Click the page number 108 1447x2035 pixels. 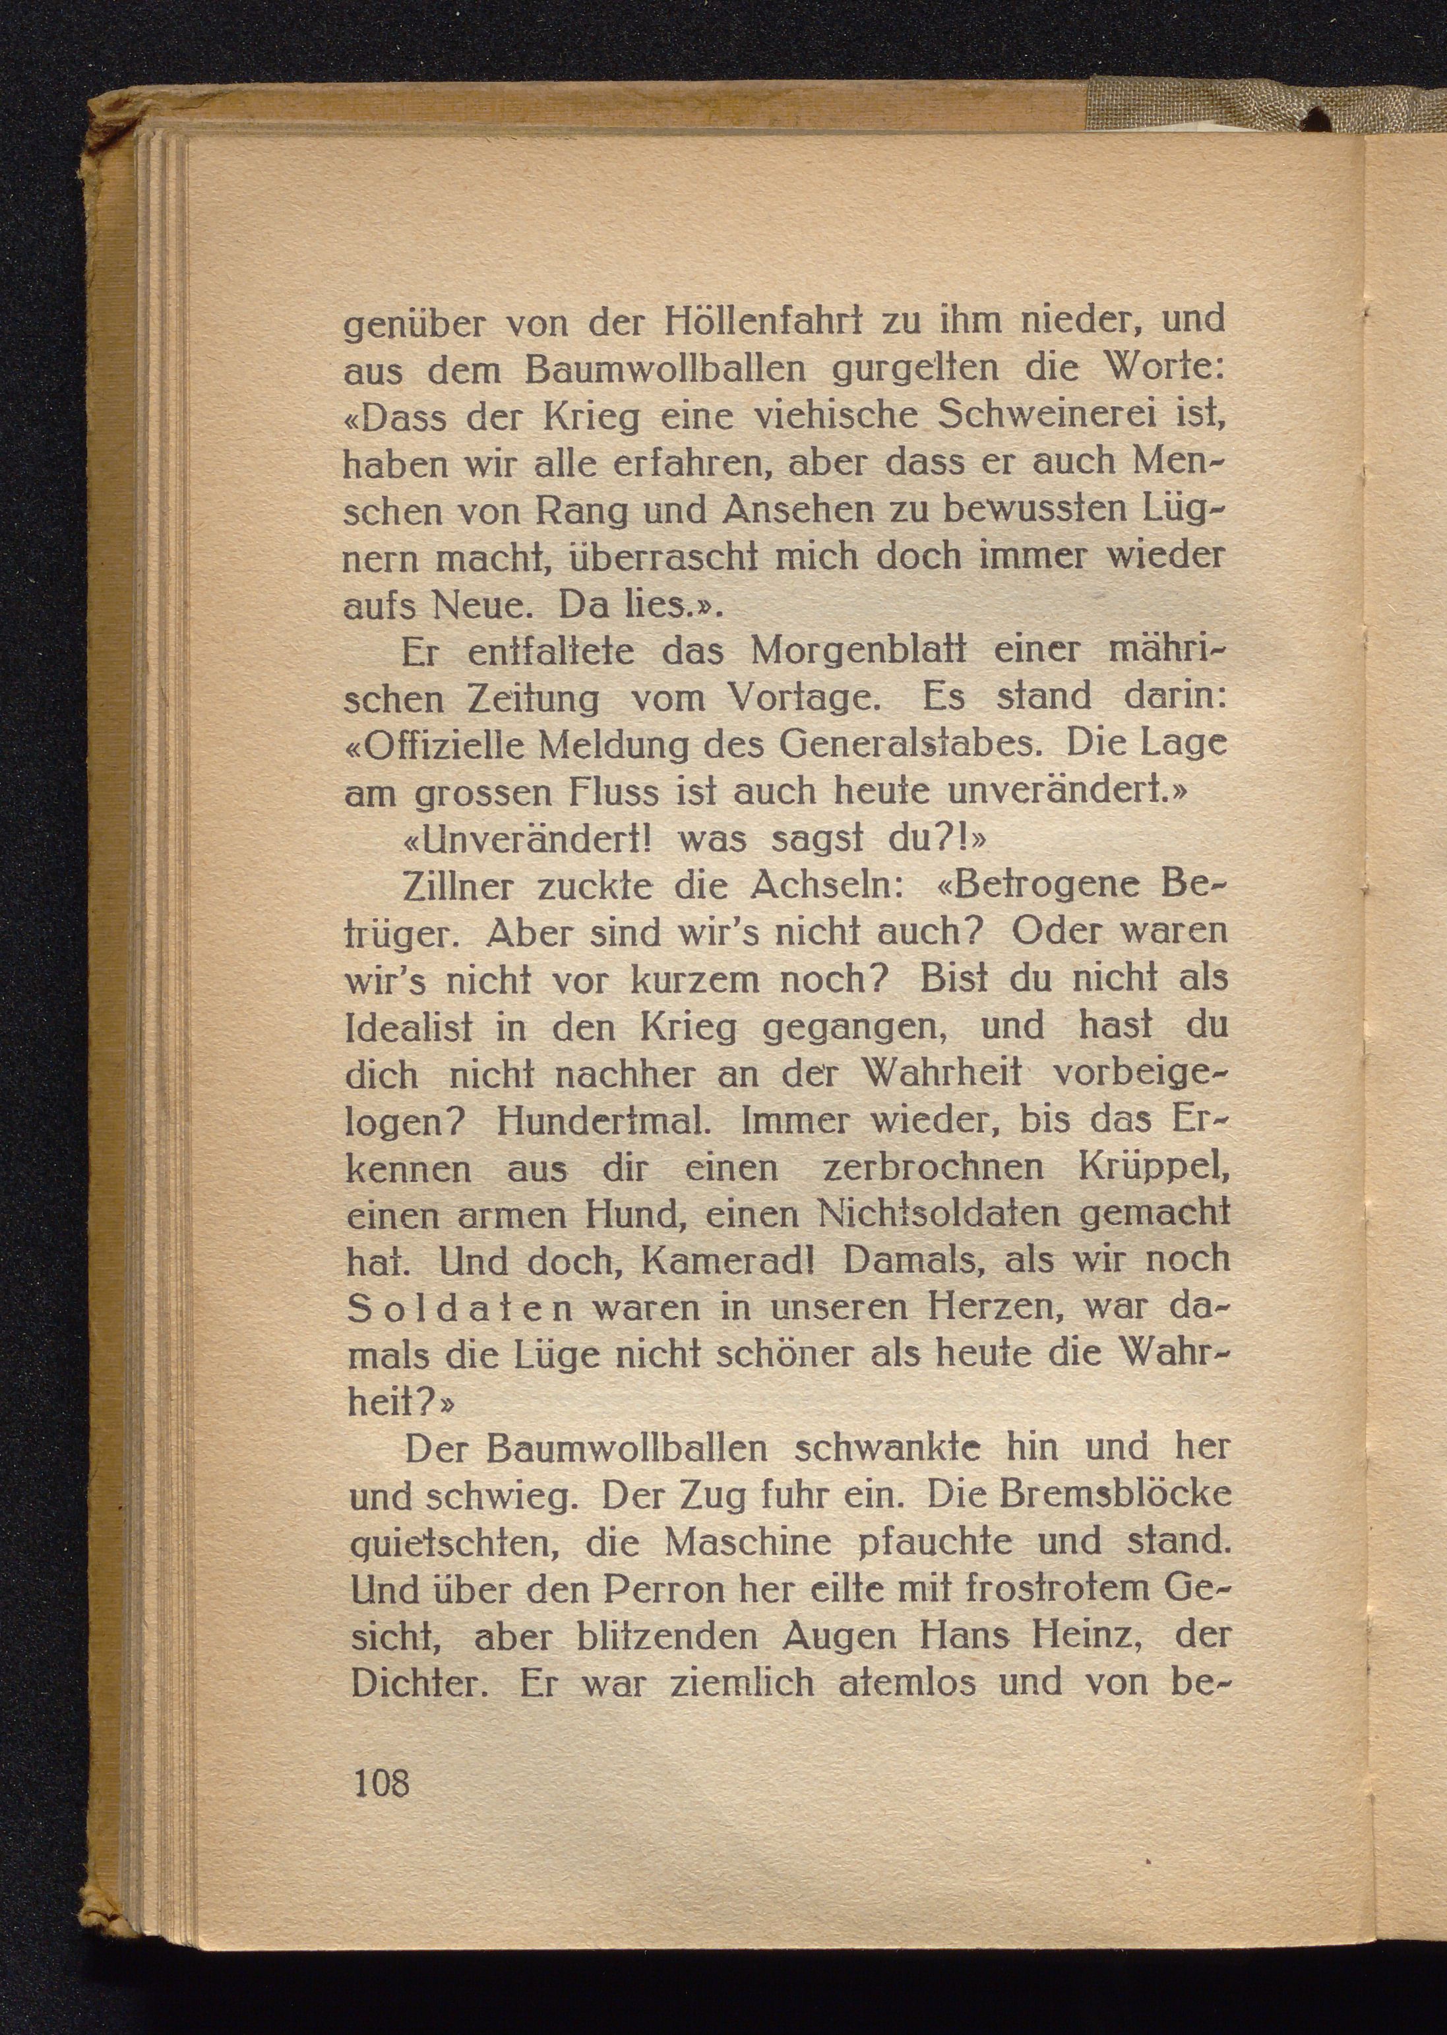(381, 1782)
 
